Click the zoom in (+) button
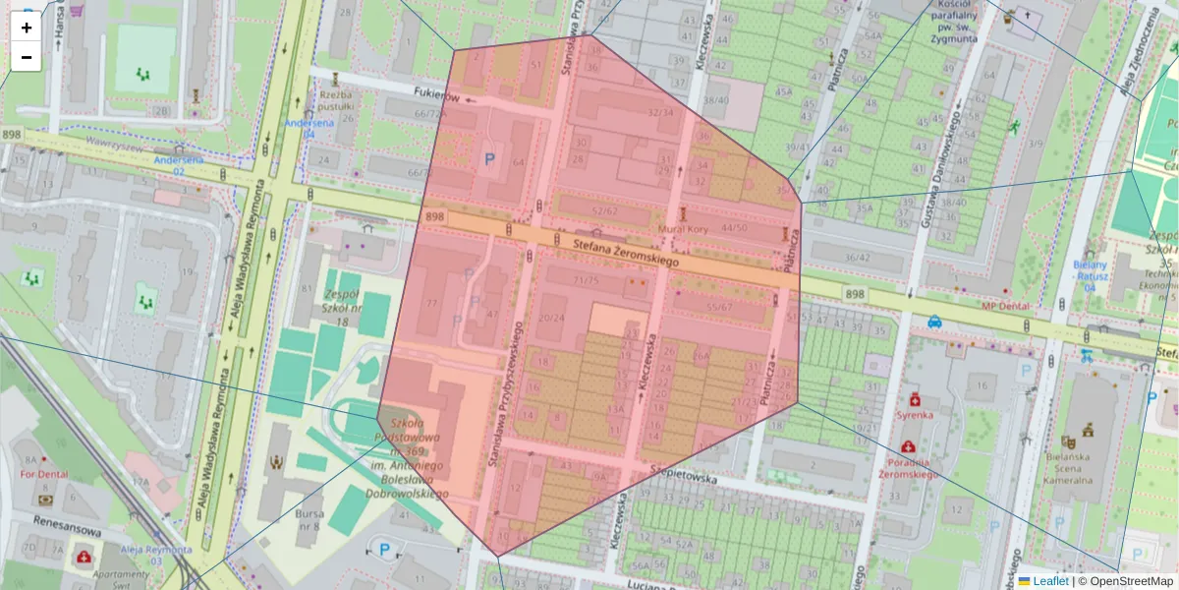coord(26,28)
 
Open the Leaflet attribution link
coord(1050,581)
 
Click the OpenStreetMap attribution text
coord(1130,581)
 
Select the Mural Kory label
coord(685,228)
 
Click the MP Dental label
coord(1004,307)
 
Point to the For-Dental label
coord(42,474)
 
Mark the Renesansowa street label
coord(67,525)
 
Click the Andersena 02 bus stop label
coord(179,165)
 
